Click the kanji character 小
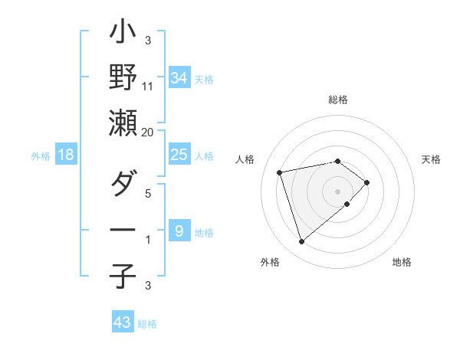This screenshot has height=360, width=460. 123,33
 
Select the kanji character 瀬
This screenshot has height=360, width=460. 123,124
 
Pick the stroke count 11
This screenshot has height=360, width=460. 148,86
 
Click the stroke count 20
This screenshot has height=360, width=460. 148,132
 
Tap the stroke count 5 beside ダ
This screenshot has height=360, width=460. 148,193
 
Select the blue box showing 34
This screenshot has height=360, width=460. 179,77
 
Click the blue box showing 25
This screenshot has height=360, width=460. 179,155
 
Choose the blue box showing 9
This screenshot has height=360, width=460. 179,231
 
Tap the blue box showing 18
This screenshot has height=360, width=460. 66,155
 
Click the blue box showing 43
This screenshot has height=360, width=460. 121,322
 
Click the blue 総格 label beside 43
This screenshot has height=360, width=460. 147,324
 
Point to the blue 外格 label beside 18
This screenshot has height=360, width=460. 41,156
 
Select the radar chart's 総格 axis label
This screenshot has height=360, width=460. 337,100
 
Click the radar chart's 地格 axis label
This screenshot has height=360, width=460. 402,262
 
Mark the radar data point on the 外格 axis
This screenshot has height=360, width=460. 302,242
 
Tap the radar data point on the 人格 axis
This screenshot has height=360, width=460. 280,172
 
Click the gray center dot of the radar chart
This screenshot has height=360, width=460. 337,191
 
